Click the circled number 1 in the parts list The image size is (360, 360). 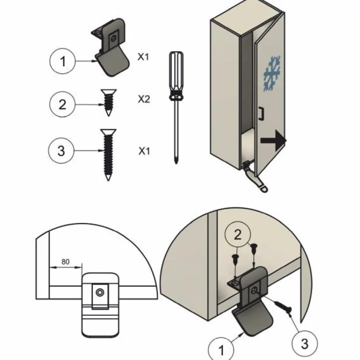coord(62,61)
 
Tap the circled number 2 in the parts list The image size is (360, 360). coord(62,104)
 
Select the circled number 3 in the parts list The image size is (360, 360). coord(61,151)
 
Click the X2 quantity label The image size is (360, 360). coord(144,99)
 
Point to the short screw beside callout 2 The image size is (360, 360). coord(108,102)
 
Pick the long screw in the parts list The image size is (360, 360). coord(108,155)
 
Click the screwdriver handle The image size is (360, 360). coord(176,76)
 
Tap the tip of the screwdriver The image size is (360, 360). coord(176,163)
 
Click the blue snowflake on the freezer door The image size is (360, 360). coord(272,73)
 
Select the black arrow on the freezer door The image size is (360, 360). coord(274,140)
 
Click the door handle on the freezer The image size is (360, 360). coord(261,113)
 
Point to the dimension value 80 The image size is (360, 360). coord(65,262)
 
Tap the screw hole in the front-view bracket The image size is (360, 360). coord(100,292)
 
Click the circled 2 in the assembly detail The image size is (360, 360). coord(238,234)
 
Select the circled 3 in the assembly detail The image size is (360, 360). coord(304,344)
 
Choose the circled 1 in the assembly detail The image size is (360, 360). coord(221,350)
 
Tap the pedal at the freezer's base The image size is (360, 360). coord(255,178)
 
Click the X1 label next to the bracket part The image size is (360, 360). coord(144,56)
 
